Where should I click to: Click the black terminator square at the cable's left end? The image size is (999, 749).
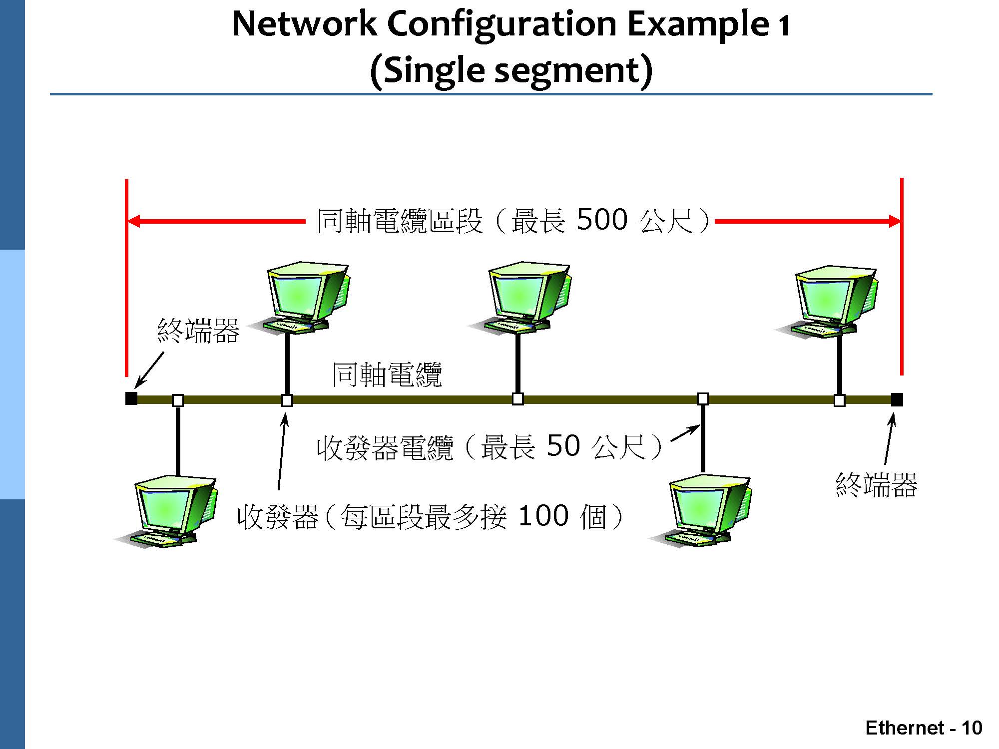(x=131, y=398)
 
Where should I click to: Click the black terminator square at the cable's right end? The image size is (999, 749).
(x=897, y=399)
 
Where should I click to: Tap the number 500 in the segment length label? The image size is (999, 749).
(x=602, y=220)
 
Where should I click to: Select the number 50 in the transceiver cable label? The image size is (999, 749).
(x=563, y=445)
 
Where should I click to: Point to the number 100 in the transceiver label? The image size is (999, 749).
(x=543, y=516)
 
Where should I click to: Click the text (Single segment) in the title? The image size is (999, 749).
(x=511, y=70)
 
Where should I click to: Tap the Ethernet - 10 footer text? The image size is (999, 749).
(x=924, y=728)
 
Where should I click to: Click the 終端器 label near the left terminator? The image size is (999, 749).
(x=198, y=331)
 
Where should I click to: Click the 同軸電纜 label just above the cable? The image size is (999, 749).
(x=387, y=374)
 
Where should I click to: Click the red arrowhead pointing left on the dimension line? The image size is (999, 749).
(x=134, y=221)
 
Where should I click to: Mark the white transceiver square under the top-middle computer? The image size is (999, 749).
(x=518, y=399)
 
